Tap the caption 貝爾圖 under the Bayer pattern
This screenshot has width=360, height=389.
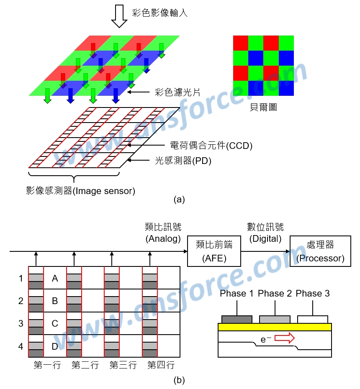pyautogui.click(x=263, y=107)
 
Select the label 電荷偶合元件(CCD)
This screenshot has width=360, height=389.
pyautogui.click(x=211, y=146)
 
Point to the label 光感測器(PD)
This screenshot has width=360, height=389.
pyautogui.click(x=183, y=160)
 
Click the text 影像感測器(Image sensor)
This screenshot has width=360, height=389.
pyautogui.click(x=80, y=191)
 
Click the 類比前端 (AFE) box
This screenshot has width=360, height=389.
pyautogui.click(x=214, y=251)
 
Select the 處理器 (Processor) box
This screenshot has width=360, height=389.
pyautogui.click(x=320, y=251)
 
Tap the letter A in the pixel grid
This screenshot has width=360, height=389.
pyautogui.click(x=55, y=278)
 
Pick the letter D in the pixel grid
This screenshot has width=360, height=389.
pyautogui.click(x=55, y=346)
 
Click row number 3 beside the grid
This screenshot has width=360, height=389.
pyautogui.click(x=21, y=323)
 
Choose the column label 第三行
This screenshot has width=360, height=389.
pyautogui.click(x=123, y=366)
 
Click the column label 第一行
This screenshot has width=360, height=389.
pyautogui.click(x=47, y=366)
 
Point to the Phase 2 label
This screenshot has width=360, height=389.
pyautogui.click(x=275, y=294)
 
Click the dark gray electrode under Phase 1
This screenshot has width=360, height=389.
pyautogui.click(x=237, y=319)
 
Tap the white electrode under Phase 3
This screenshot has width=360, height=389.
pyautogui.click(x=312, y=319)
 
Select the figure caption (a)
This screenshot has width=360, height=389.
pyautogui.click(x=179, y=200)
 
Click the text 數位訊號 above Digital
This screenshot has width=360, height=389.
pyautogui.click(x=265, y=227)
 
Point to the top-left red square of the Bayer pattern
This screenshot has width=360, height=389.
pyautogui.click(x=241, y=43)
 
